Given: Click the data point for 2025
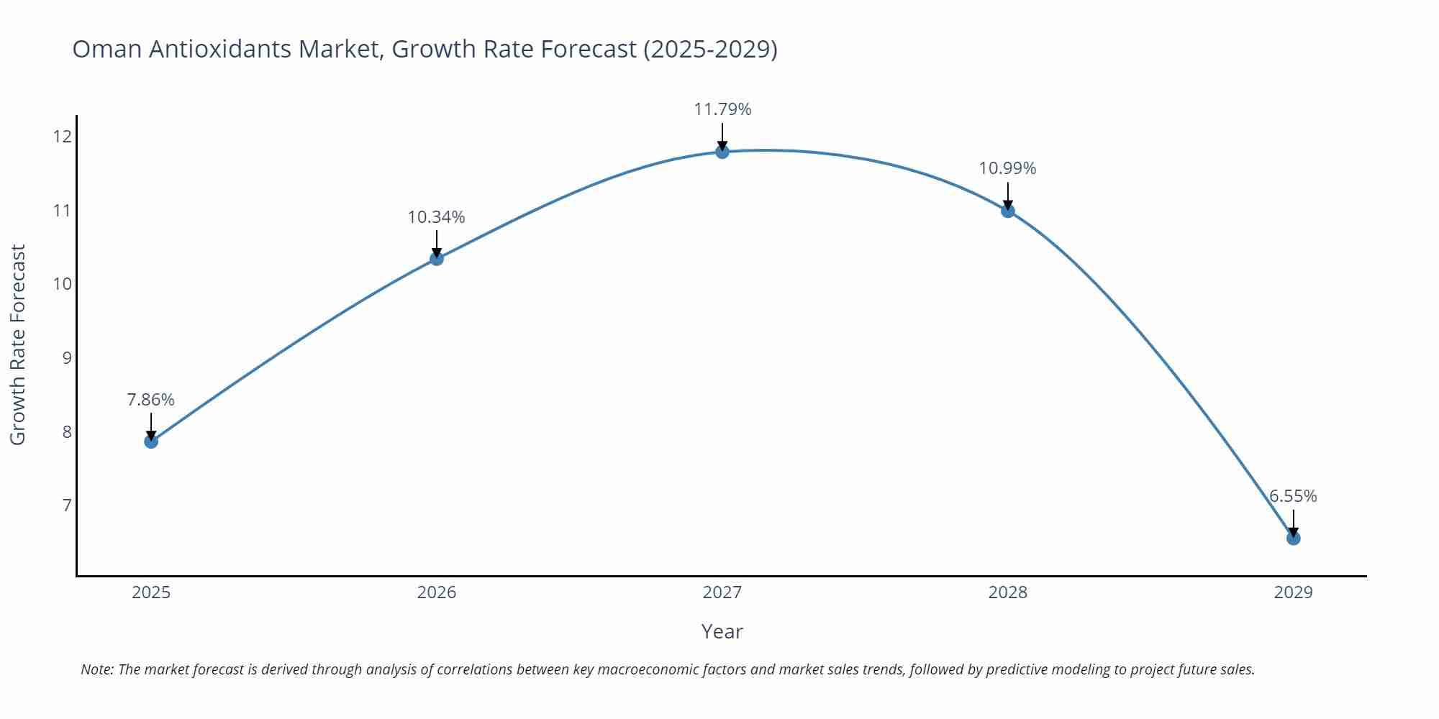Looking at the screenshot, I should click(x=151, y=441).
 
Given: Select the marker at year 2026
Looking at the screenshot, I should click(x=437, y=258).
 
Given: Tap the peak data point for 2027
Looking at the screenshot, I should click(x=722, y=151).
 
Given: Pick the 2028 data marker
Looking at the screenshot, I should click(x=1008, y=210).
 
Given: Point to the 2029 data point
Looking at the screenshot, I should click(x=1293, y=538).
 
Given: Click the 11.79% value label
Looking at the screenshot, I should click(x=722, y=109).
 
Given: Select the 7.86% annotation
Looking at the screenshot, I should click(x=151, y=400).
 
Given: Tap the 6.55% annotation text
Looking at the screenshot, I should click(x=1293, y=496).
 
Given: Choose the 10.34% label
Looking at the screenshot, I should click(x=437, y=217).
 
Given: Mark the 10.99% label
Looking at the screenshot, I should click(x=1007, y=168).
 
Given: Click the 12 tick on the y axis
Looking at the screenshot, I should click(x=63, y=136).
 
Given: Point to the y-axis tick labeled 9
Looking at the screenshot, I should click(x=67, y=357).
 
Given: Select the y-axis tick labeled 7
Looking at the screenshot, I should click(x=67, y=505).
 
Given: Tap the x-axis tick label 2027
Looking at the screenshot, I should click(x=722, y=592).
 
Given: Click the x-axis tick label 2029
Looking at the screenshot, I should click(x=1293, y=592).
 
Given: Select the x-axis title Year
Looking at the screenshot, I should click(x=722, y=631).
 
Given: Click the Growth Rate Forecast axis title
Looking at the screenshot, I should click(x=18, y=344).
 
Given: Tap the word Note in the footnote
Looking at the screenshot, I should click(x=96, y=669).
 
